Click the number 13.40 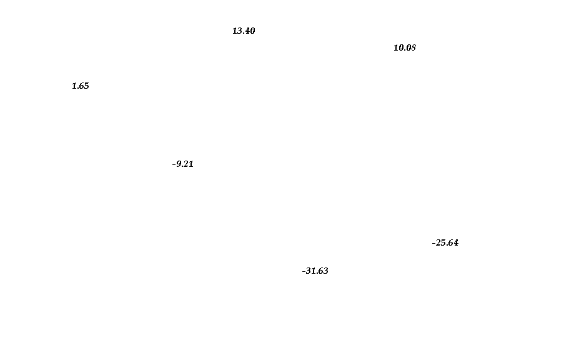244,31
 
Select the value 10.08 405,47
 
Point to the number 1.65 81,86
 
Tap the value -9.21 183,164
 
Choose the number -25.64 445,242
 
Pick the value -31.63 315,271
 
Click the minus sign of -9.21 174,164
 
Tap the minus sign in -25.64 434,243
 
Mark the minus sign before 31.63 304,271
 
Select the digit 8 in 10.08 413,47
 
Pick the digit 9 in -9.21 179,164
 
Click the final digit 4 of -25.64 455,242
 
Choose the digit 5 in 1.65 86,86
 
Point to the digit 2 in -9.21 186,164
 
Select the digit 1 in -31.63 313,271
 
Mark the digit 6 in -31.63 320,271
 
